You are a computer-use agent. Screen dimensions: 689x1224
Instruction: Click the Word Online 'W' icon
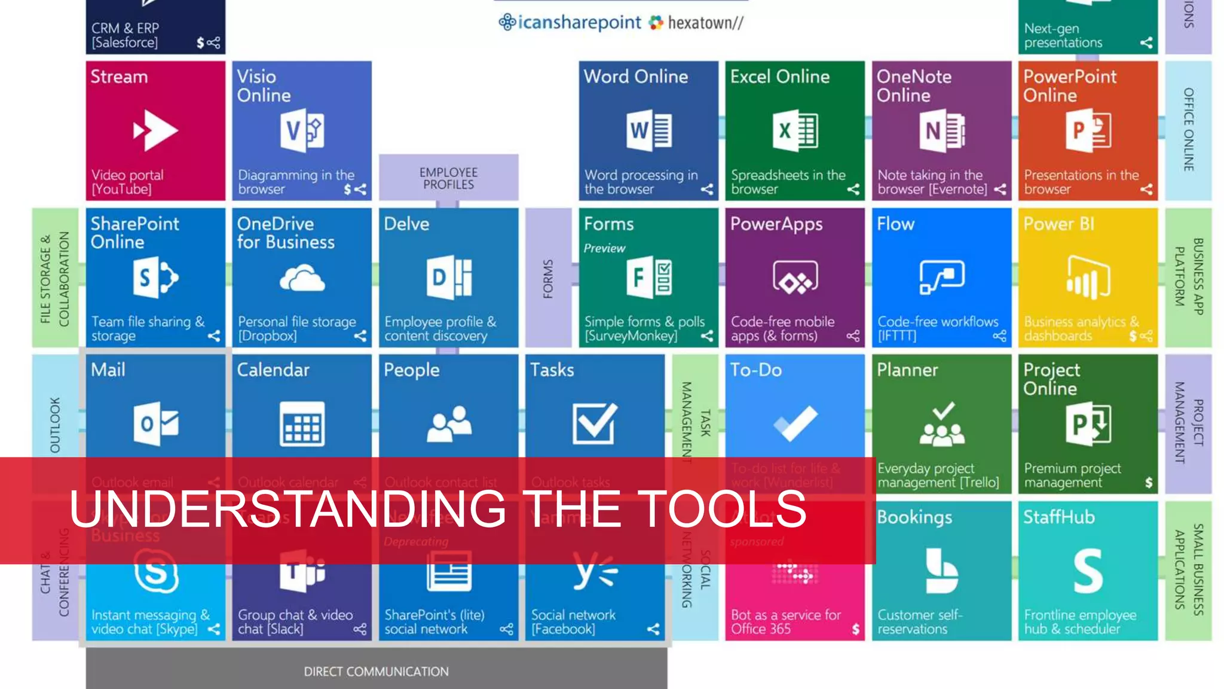click(649, 130)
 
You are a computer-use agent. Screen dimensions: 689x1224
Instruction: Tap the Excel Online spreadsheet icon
click(795, 130)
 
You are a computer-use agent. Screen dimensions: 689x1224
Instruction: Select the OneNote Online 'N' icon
click(942, 130)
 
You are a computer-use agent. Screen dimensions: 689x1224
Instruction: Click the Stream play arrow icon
click(155, 130)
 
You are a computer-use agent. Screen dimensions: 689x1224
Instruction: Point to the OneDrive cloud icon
click(302, 279)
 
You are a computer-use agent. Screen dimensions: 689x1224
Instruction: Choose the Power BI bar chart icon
click(1088, 278)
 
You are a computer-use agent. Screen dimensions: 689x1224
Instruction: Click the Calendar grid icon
click(302, 424)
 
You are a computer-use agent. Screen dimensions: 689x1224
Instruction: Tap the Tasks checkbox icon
click(594, 423)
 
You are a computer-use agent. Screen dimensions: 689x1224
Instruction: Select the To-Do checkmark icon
click(795, 423)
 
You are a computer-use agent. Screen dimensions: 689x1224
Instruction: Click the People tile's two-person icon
click(449, 423)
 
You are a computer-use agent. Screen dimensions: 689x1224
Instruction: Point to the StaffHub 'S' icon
click(1088, 571)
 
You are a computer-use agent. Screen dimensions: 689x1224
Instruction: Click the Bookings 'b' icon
click(941, 571)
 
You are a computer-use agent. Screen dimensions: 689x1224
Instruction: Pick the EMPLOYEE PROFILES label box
click(448, 178)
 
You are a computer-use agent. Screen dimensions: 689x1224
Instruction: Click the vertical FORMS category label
click(548, 279)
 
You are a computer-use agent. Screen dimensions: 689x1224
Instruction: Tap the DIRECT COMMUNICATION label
click(376, 672)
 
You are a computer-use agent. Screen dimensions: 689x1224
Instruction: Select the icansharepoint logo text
click(579, 23)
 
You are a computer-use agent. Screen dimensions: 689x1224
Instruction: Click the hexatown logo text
click(705, 23)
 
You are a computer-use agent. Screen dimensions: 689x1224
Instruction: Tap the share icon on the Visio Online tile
click(360, 190)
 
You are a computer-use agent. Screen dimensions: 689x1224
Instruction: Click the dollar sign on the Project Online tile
click(1148, 483)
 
